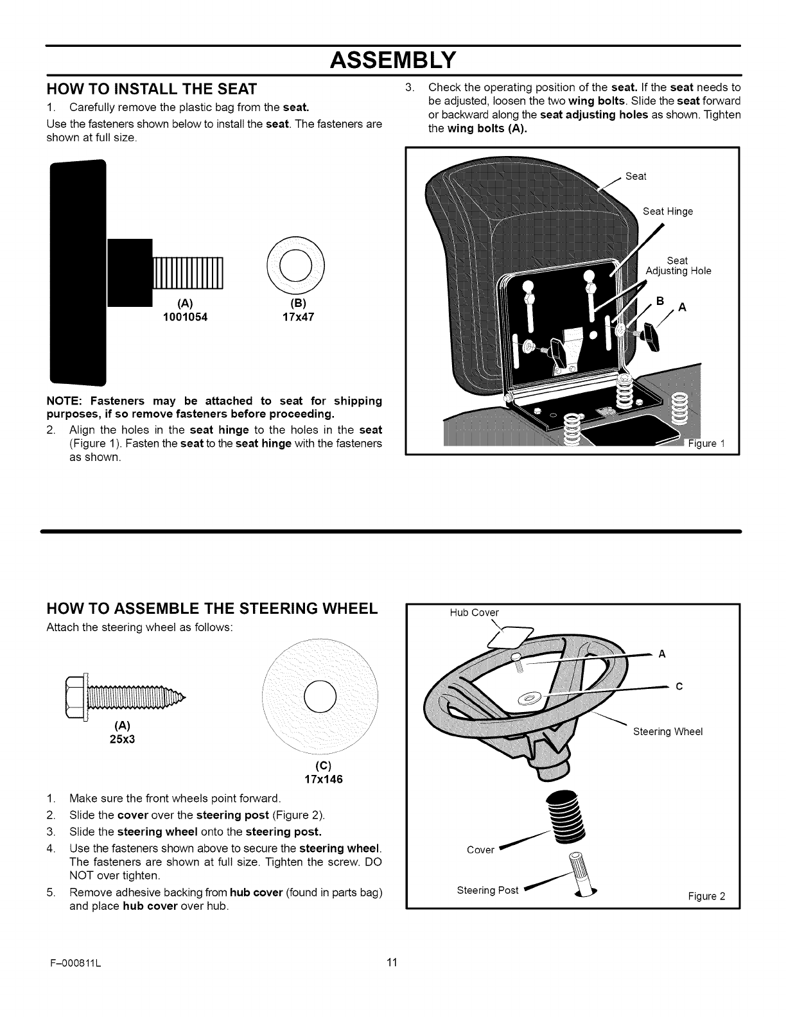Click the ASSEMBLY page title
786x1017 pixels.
point(393,61)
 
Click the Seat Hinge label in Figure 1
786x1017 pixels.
point(668,211)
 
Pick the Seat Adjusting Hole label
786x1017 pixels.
point(678,266)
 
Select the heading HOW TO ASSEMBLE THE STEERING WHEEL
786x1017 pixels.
point(212,609)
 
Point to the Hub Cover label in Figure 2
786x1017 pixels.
point(474,613)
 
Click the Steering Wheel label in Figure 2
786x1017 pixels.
point(668,731)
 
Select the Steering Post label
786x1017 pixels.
point(487,891)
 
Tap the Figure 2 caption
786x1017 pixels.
point(706,896)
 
